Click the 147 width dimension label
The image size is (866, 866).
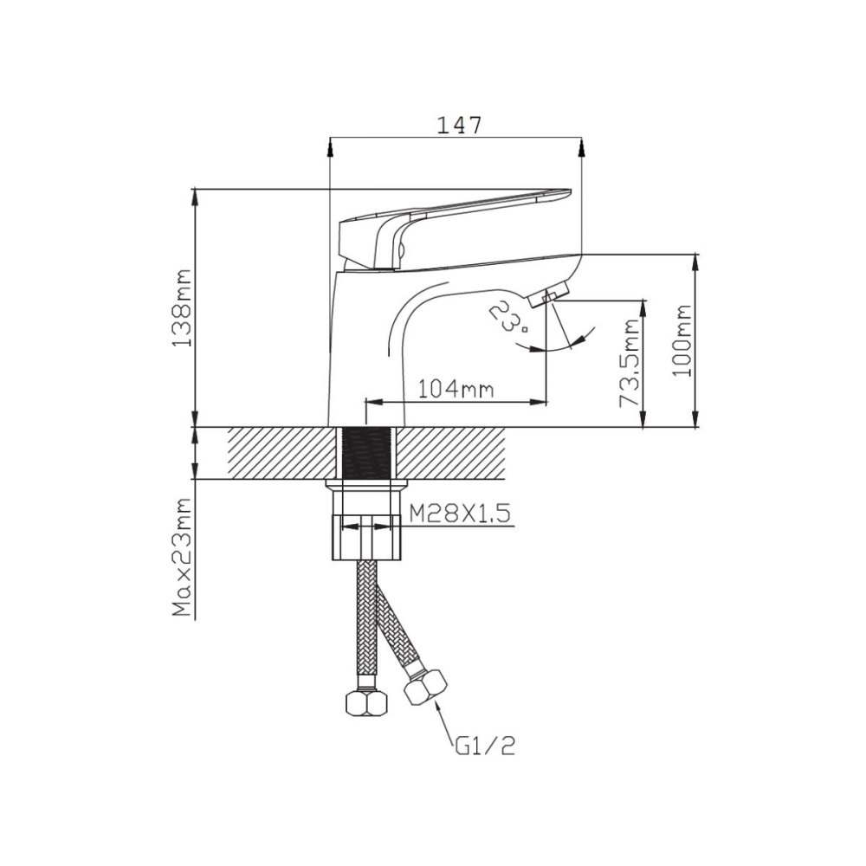(x=459, y=126)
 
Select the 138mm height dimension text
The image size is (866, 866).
(x=182, y=308)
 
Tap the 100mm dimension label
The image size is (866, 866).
(x=682, y=340)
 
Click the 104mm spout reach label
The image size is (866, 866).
(x=456, y=390)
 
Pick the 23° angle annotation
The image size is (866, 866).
(x=507, y=316)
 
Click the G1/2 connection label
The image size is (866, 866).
(x=486, y=746)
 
